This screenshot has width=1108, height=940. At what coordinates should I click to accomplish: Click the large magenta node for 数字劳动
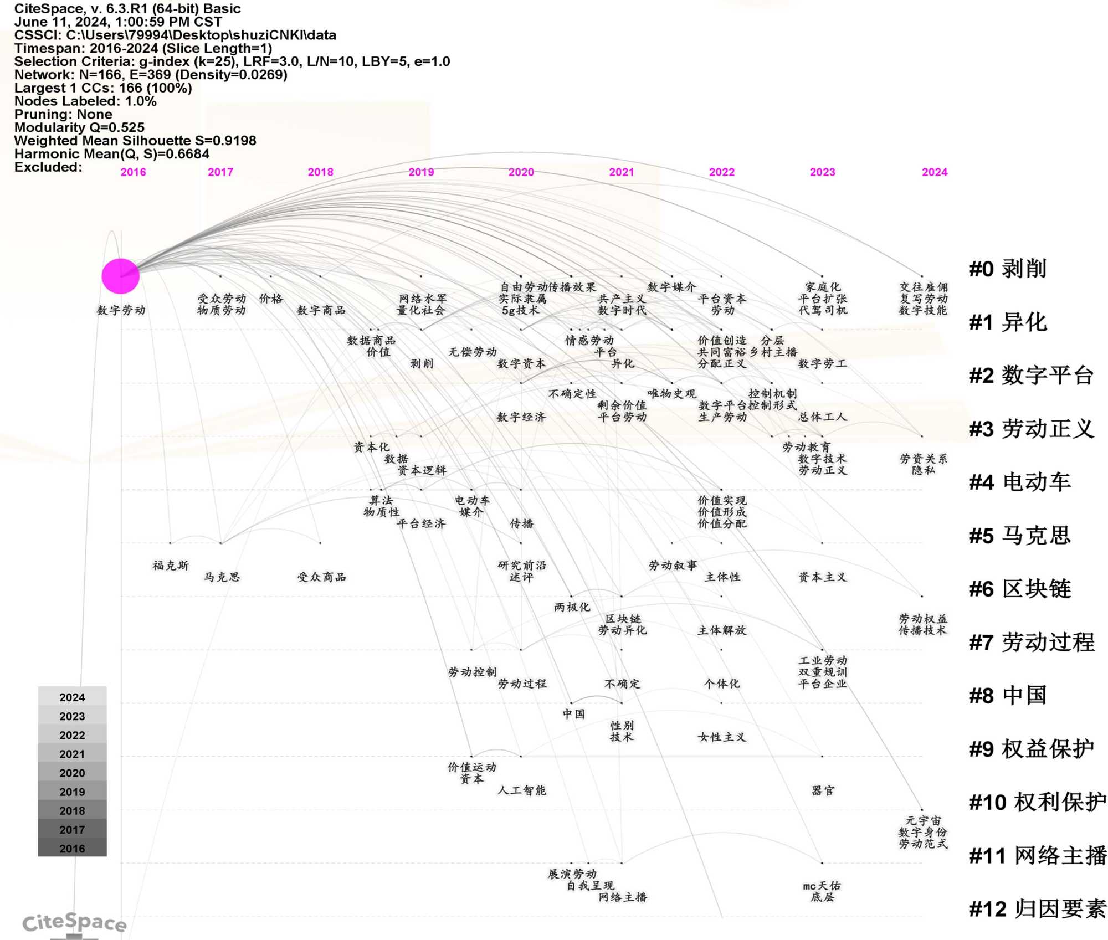(120, 276)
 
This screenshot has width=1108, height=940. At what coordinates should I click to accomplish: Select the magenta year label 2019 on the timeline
(421, 172)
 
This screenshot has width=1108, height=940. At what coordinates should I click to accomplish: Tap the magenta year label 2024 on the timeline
(934, 172)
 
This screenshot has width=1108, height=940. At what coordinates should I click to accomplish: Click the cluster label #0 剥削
(1007, 269)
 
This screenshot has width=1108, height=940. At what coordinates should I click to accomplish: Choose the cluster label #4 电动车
(1019, 482)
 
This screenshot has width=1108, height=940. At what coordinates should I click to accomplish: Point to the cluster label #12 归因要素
(1037, 909)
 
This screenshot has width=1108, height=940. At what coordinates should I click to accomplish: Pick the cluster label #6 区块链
(1019, 589)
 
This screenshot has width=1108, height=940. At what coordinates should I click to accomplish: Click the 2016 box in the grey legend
(72, 849)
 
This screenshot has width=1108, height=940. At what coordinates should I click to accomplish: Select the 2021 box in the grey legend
(72, 754)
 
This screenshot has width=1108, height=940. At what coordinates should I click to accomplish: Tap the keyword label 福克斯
(171, 566)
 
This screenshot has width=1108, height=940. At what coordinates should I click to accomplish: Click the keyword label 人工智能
(522, 790)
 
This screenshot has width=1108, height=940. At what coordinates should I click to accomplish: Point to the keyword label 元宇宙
(923, 820)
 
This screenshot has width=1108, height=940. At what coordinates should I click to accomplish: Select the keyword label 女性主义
(722, 737)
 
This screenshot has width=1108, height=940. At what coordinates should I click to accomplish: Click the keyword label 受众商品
(321, 577)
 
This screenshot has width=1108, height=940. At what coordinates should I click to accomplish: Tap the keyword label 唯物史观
(671, 394)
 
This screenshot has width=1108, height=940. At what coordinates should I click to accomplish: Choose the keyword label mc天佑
(822, 886)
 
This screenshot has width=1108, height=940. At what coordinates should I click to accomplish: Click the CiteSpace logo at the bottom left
(74, 923)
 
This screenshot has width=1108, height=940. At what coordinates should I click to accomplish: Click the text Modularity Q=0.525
(79, 127)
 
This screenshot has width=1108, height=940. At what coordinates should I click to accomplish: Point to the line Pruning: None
(63, 114)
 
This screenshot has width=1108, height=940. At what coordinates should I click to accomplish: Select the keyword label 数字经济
(521, 417)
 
